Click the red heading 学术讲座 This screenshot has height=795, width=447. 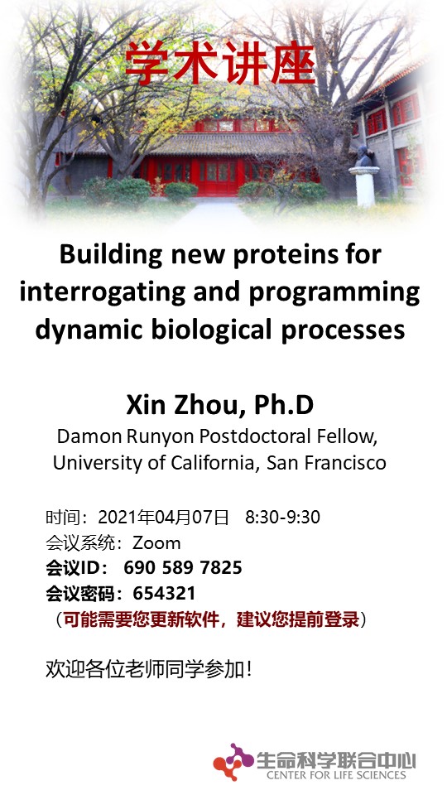(x=220, y=62)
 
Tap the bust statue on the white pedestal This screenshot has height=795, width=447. (x=363, y=157)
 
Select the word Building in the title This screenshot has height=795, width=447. (x=110, y=254)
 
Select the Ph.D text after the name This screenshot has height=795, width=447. (x=284, y=405)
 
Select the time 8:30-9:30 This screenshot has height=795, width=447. (x=282, y=517)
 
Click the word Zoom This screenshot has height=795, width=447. (x=156, y=543)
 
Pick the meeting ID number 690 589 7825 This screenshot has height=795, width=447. (x=182, y=567)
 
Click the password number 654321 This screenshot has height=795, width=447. (x=164, y=593)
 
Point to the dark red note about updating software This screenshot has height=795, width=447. (x=211, y=619)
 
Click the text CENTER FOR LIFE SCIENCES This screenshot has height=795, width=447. (x=336, y=775)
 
